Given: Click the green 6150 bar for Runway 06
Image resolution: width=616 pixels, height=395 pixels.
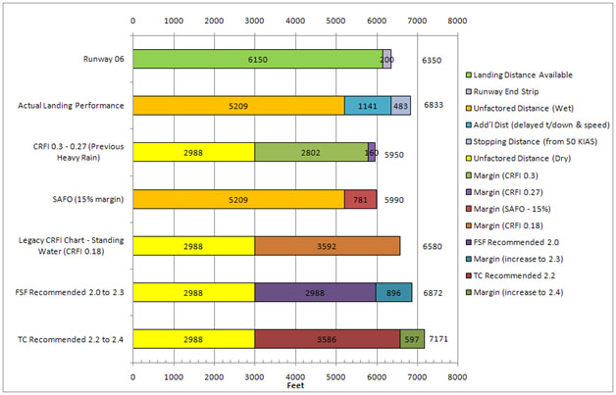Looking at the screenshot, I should click(x=257, y=59).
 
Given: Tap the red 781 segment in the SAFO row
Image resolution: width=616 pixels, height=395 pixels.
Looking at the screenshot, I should click(x=360, y=198).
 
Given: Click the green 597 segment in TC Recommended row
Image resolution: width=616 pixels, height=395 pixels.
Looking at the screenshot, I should click(x=411, y=338).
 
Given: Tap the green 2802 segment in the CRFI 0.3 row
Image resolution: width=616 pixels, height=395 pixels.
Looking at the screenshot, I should click(x=311, y=152).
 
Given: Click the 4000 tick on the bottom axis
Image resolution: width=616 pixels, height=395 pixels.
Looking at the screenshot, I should click(x=294, y=376).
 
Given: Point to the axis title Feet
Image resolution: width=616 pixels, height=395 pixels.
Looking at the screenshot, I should click(x=294, y=387).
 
